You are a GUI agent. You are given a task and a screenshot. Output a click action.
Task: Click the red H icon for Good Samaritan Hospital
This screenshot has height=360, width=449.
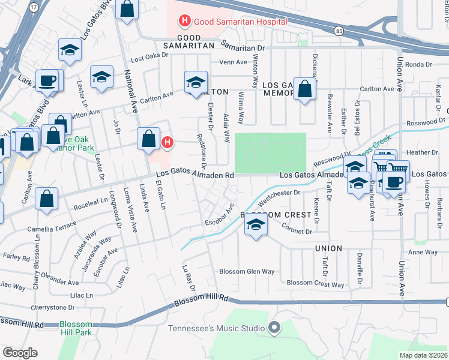(185, 22)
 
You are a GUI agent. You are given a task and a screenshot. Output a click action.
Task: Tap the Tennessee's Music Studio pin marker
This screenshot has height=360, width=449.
(275, 328)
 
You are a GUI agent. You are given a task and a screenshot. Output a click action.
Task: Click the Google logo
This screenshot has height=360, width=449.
(20, 353)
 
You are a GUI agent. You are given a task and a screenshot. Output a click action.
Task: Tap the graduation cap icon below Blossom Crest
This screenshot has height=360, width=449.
(256, 226)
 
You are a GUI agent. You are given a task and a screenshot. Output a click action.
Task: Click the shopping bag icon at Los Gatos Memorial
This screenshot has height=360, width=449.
(305, 89)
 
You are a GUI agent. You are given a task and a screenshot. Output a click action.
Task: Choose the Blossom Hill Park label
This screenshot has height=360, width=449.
(76, 328)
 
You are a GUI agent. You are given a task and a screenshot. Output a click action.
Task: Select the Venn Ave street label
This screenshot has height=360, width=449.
(234, 61)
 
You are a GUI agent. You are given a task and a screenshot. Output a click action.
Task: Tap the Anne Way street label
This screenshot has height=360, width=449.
(423, 252)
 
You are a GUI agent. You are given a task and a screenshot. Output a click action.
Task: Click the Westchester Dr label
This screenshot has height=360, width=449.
(279, 193)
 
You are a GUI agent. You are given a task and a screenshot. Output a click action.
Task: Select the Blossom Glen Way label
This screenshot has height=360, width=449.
(246, 271)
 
